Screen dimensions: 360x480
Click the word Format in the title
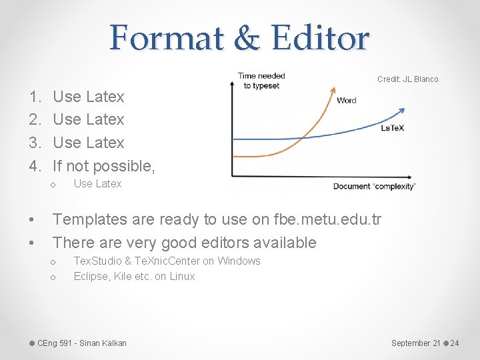pos(166,38)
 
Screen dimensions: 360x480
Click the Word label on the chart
pos(347,101)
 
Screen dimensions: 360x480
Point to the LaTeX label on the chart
pos(392,127)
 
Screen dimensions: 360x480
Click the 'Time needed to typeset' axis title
pos(261,81)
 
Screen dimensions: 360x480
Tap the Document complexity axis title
pos(373,186)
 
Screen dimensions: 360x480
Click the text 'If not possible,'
pos(104,166)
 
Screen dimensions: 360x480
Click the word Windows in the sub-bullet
pos(239,261)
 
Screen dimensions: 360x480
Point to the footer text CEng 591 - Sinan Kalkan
pos(82,343)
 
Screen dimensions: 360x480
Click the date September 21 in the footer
pos(415,343)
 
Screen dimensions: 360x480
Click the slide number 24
pos(455,343)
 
